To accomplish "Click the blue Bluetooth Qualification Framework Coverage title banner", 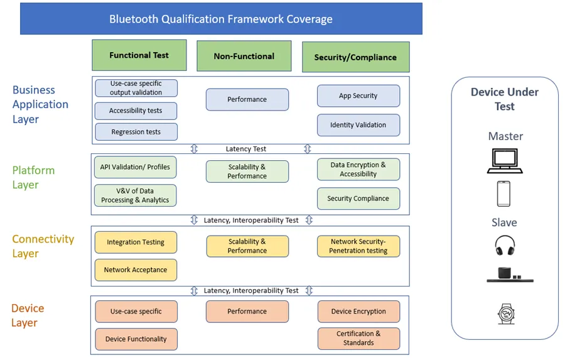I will pos(221,19).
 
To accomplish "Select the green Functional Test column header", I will pos(139,55).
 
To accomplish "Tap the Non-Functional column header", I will pos(244,57).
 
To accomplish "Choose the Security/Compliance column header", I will pos(355,57).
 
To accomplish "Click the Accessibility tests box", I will pos(136,111).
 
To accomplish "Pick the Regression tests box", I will pos(136,132).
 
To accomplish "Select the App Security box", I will pos(358,96).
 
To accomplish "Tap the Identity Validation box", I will pos(358,125).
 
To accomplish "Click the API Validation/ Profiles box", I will pos(135,167).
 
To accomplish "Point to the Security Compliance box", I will pos(358,199).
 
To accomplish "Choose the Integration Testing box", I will pos(136,243).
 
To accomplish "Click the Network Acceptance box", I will pos(136,270).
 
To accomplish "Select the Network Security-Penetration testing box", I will pos(358,246).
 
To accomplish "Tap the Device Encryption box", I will pos(358,312).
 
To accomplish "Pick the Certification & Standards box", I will pos(358,339).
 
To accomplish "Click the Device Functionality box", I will pos(136,339).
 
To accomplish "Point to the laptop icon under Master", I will pos(505,161).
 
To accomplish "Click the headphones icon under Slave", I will pos(505,245).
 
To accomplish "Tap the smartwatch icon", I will pos(505,313).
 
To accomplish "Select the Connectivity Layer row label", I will pos(43,246).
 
